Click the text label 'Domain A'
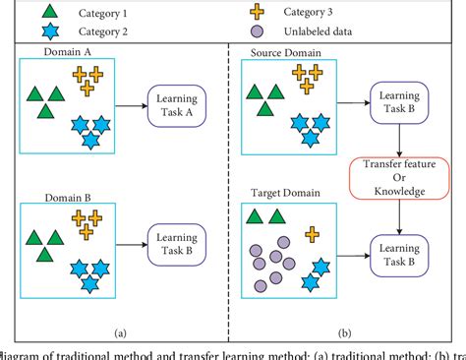pyautogui.click(x=66, y=51)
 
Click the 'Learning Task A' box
pyautogui.click(x=176, y=103)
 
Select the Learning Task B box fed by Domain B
pyautogui.click(x=176, y=239)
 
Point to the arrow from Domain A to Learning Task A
pyautogui.click(x=130, y=103)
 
